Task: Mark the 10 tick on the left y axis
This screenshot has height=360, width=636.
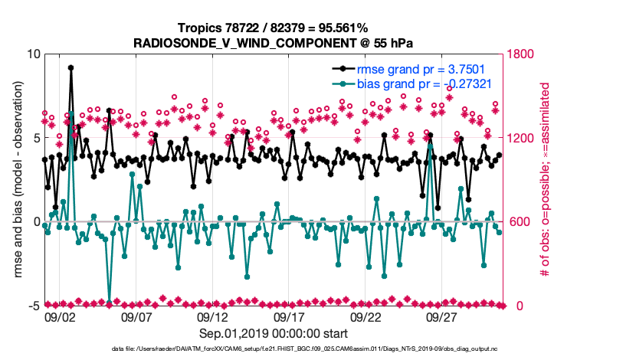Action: coord(32,54)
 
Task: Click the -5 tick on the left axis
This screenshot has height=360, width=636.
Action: coord(32,306)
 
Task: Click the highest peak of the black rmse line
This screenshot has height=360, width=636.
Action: coord(70,67)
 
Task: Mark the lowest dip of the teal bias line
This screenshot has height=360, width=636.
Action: coord(109,303)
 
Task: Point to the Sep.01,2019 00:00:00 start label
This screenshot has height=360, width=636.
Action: coord(273,333)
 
